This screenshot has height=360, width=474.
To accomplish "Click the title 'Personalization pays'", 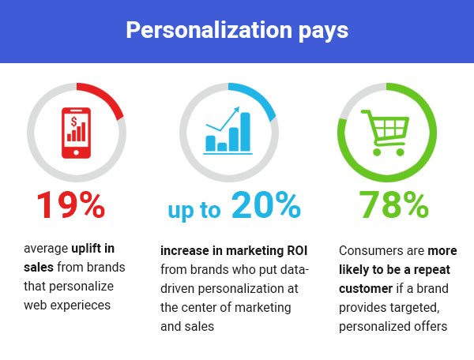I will click(x=237, y=31).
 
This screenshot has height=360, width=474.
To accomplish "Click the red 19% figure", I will click(x=70, y=206).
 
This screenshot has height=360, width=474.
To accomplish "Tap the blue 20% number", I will click(x=266, y=206).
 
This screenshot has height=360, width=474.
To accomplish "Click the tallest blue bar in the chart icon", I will click(x=245, y=131).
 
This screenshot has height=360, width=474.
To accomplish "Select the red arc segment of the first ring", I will click(x=107, y=96).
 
